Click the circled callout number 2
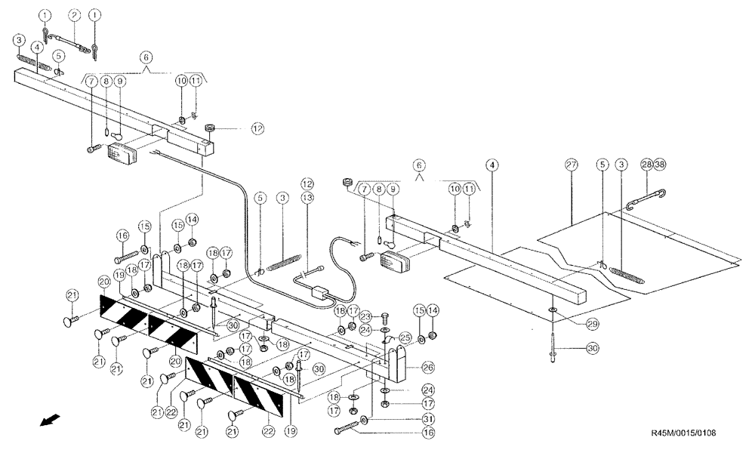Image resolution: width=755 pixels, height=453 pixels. click(74, 15)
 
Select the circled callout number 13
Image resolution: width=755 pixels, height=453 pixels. click(307, 199)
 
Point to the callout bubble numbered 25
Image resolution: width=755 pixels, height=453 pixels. click(405, 337)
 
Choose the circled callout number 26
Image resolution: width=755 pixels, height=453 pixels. click(427, 368)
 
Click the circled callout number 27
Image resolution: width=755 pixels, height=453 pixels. click(571, 165)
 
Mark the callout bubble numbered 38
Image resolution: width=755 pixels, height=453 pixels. click(660, 165)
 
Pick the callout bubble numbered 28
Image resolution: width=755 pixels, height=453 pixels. click(646, 165)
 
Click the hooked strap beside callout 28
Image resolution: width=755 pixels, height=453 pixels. click(644, 199)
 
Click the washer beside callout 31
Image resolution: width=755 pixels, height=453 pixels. click(365, 419)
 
